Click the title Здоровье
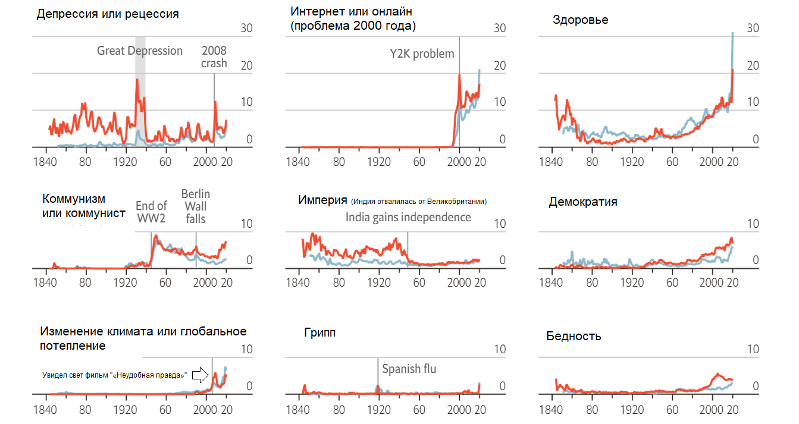coord(580,20)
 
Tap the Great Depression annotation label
coord(140,51)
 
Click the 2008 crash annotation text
coord(214,57)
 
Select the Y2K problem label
coord(422,54)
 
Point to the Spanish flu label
coord(409,369)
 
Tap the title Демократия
coord(582,202)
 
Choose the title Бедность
coord(574,336)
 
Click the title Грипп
coord(319,332)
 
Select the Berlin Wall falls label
coord(196,206)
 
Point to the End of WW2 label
coord(151,212)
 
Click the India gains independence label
coord(408,217)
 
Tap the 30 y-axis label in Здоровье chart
coord(753,28)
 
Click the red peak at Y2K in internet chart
coord(459,76)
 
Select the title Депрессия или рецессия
coord(108,14)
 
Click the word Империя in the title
coord(322,200)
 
